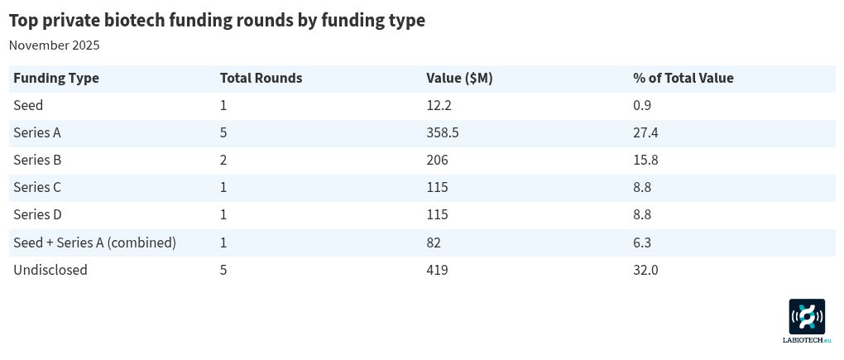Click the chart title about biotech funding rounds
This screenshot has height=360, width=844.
[217, 21]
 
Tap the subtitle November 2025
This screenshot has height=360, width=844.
[54, 46]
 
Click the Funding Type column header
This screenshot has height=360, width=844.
[56, 79]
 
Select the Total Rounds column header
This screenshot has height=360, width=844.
[261, 79]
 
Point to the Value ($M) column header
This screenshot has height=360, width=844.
[459, 79]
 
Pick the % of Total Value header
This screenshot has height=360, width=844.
[683, 79]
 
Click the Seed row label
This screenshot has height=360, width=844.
[28, 106]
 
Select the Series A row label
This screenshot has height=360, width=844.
[37, 133]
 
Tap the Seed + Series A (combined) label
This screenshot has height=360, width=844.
[94, 242]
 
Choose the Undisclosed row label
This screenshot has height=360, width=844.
[50, 270]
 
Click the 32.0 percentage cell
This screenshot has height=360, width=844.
[645, 270]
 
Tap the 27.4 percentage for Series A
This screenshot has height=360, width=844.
[645, 133]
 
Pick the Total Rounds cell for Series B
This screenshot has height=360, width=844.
[223, 161]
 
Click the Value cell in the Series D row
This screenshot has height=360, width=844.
[437, 215]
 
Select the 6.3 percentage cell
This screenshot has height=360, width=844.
[642, 242]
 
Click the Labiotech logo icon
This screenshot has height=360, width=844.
[807, 317]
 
